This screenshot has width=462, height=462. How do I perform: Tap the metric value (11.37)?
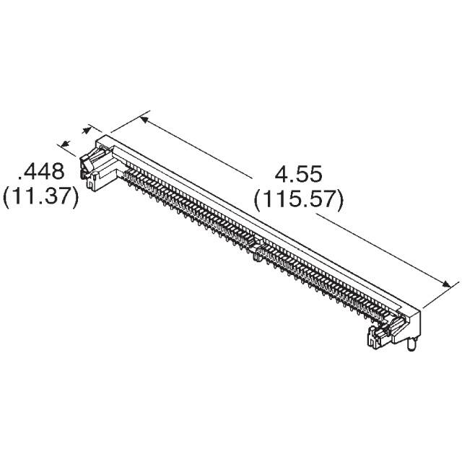coord(40,196)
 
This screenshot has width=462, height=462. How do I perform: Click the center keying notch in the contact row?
coord(257,252)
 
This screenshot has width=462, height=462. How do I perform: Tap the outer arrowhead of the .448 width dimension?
coord(64,143)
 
